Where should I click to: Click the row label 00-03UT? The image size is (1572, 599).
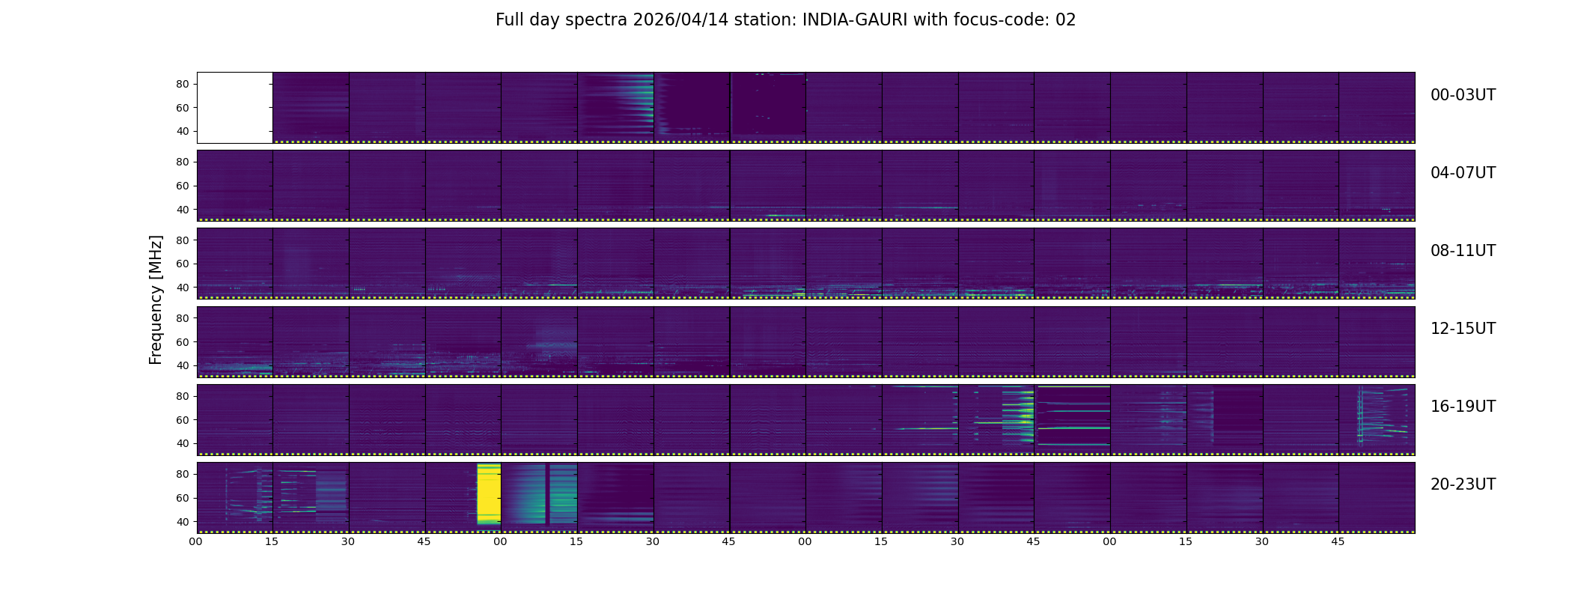pos(1463,95)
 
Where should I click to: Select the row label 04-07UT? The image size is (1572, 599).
pos(1463,173)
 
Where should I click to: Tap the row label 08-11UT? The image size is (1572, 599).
pos(1463,251)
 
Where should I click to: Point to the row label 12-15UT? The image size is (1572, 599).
pos(1463,329)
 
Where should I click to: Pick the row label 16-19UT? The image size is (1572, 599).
pos(1463,407)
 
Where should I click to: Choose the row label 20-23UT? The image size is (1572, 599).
pos(1463,484)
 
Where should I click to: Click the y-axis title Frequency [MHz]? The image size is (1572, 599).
pos(156,299)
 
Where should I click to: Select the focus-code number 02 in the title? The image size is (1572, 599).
pos(1065,20)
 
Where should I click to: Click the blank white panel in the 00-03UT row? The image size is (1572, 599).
pos(234,108)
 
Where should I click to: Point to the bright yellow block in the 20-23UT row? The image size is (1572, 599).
pos(489,494)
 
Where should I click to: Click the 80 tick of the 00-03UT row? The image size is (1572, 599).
pos(183,85)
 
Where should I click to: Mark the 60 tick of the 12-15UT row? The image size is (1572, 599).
pos(183,342)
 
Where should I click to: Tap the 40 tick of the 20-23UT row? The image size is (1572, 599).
pos(183,522)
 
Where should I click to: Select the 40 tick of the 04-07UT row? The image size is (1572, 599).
pos(183,210)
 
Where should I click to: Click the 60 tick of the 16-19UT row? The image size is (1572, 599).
pos(183,420)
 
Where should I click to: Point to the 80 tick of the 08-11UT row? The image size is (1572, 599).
pos(183,240)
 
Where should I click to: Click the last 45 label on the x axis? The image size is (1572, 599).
pos(1338,541)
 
